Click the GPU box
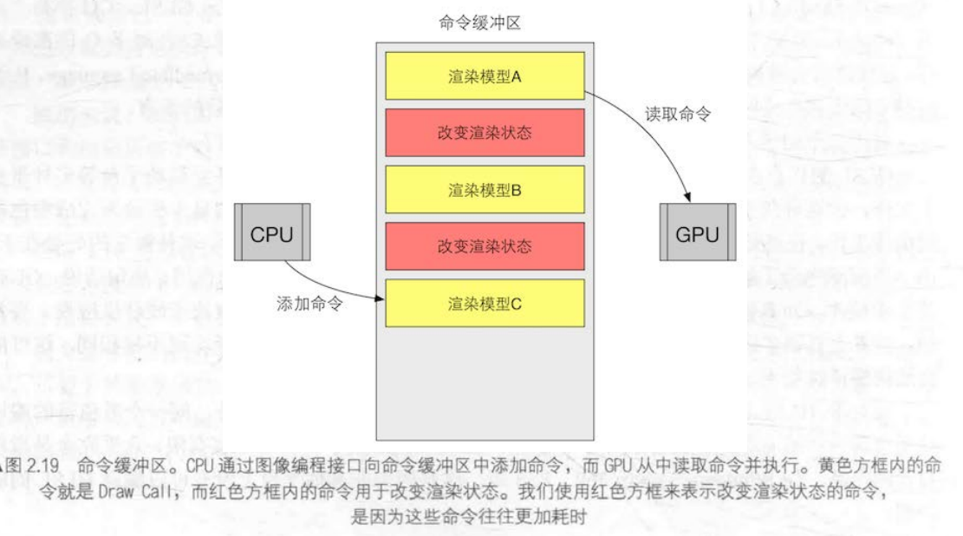click(697, 232)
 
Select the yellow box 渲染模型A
click(485, 75)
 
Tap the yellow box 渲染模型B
click(485, 189)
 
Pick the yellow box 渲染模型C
click(485, 304)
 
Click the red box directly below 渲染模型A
click(485, 133)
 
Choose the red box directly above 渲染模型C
click(485, 246)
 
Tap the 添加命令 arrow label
click(309, 304)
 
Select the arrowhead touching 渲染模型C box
click(379, 300)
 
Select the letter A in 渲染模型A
click(516, 75)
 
